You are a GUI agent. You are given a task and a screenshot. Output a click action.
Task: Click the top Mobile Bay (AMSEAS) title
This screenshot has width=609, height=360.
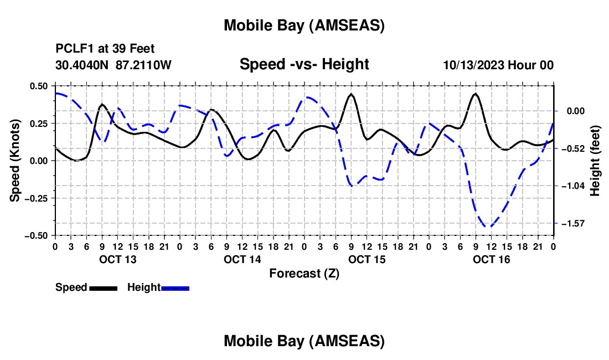[x=304, y=25]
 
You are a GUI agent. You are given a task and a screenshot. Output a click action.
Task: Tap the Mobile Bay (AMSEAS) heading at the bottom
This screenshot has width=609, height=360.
[x=304, y=341]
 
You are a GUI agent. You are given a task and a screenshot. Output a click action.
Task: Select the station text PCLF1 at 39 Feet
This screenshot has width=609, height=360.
[x=105, y=49]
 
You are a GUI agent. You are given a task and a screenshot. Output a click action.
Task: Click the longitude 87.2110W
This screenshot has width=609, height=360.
[x=144, y=65]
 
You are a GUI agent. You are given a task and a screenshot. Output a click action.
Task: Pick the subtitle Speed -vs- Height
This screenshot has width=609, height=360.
[x=304, y=64]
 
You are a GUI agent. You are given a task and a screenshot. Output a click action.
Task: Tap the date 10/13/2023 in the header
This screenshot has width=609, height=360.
[x=473, y=65]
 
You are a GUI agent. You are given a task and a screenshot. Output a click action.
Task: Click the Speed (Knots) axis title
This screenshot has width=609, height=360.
[x=16, y=161]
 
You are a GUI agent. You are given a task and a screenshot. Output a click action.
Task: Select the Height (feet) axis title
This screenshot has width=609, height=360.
[x=595, y=161]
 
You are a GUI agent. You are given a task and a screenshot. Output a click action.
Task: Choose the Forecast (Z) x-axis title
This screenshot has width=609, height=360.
[x=304, y=273]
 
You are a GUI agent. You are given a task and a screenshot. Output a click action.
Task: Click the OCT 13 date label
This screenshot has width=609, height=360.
[x=117, y=259]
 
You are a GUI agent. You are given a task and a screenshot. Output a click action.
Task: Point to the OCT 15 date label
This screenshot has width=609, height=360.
[x=367, y=259]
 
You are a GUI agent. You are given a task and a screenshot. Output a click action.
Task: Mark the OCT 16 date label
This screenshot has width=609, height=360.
[x=491, y=259]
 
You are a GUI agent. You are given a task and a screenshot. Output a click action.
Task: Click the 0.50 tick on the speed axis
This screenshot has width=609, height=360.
[x=39, y=86]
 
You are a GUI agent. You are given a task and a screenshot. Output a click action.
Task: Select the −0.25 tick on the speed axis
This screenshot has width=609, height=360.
[x=37, y=198]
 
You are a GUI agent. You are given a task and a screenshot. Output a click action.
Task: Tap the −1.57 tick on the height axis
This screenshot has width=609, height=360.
[x=570, y=223]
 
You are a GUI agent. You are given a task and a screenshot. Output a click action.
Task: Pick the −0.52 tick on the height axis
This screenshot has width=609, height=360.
[x=570, y=148]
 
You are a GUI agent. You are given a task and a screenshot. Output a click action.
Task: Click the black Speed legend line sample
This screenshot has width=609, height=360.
[x=103, y=288]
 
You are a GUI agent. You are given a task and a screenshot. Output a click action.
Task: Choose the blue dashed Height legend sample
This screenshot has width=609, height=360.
[x=175, y=288]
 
